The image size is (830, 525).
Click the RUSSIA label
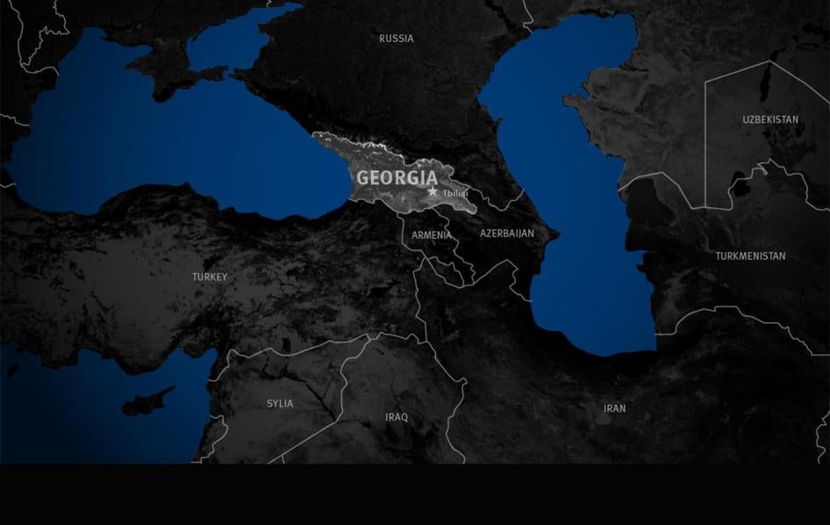[x=396, y=39]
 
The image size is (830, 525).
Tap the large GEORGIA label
[x=397, y=178]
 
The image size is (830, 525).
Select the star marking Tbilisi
[x=433, y=191]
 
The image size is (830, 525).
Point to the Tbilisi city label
[x=455, y=193]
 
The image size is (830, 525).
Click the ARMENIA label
[x=432, y=235]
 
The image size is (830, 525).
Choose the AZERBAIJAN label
[x=506, y=234]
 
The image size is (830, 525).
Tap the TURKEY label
[x=210, y=277]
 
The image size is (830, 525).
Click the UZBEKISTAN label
[x=770, y=119]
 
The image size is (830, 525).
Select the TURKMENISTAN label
[x=750, y=256]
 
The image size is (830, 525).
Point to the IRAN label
[x=614, y=409]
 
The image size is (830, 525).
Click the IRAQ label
[x=397, y=418]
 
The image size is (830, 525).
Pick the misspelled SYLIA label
[x=280, y=404]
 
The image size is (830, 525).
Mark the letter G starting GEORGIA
[x=363, y=178]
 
